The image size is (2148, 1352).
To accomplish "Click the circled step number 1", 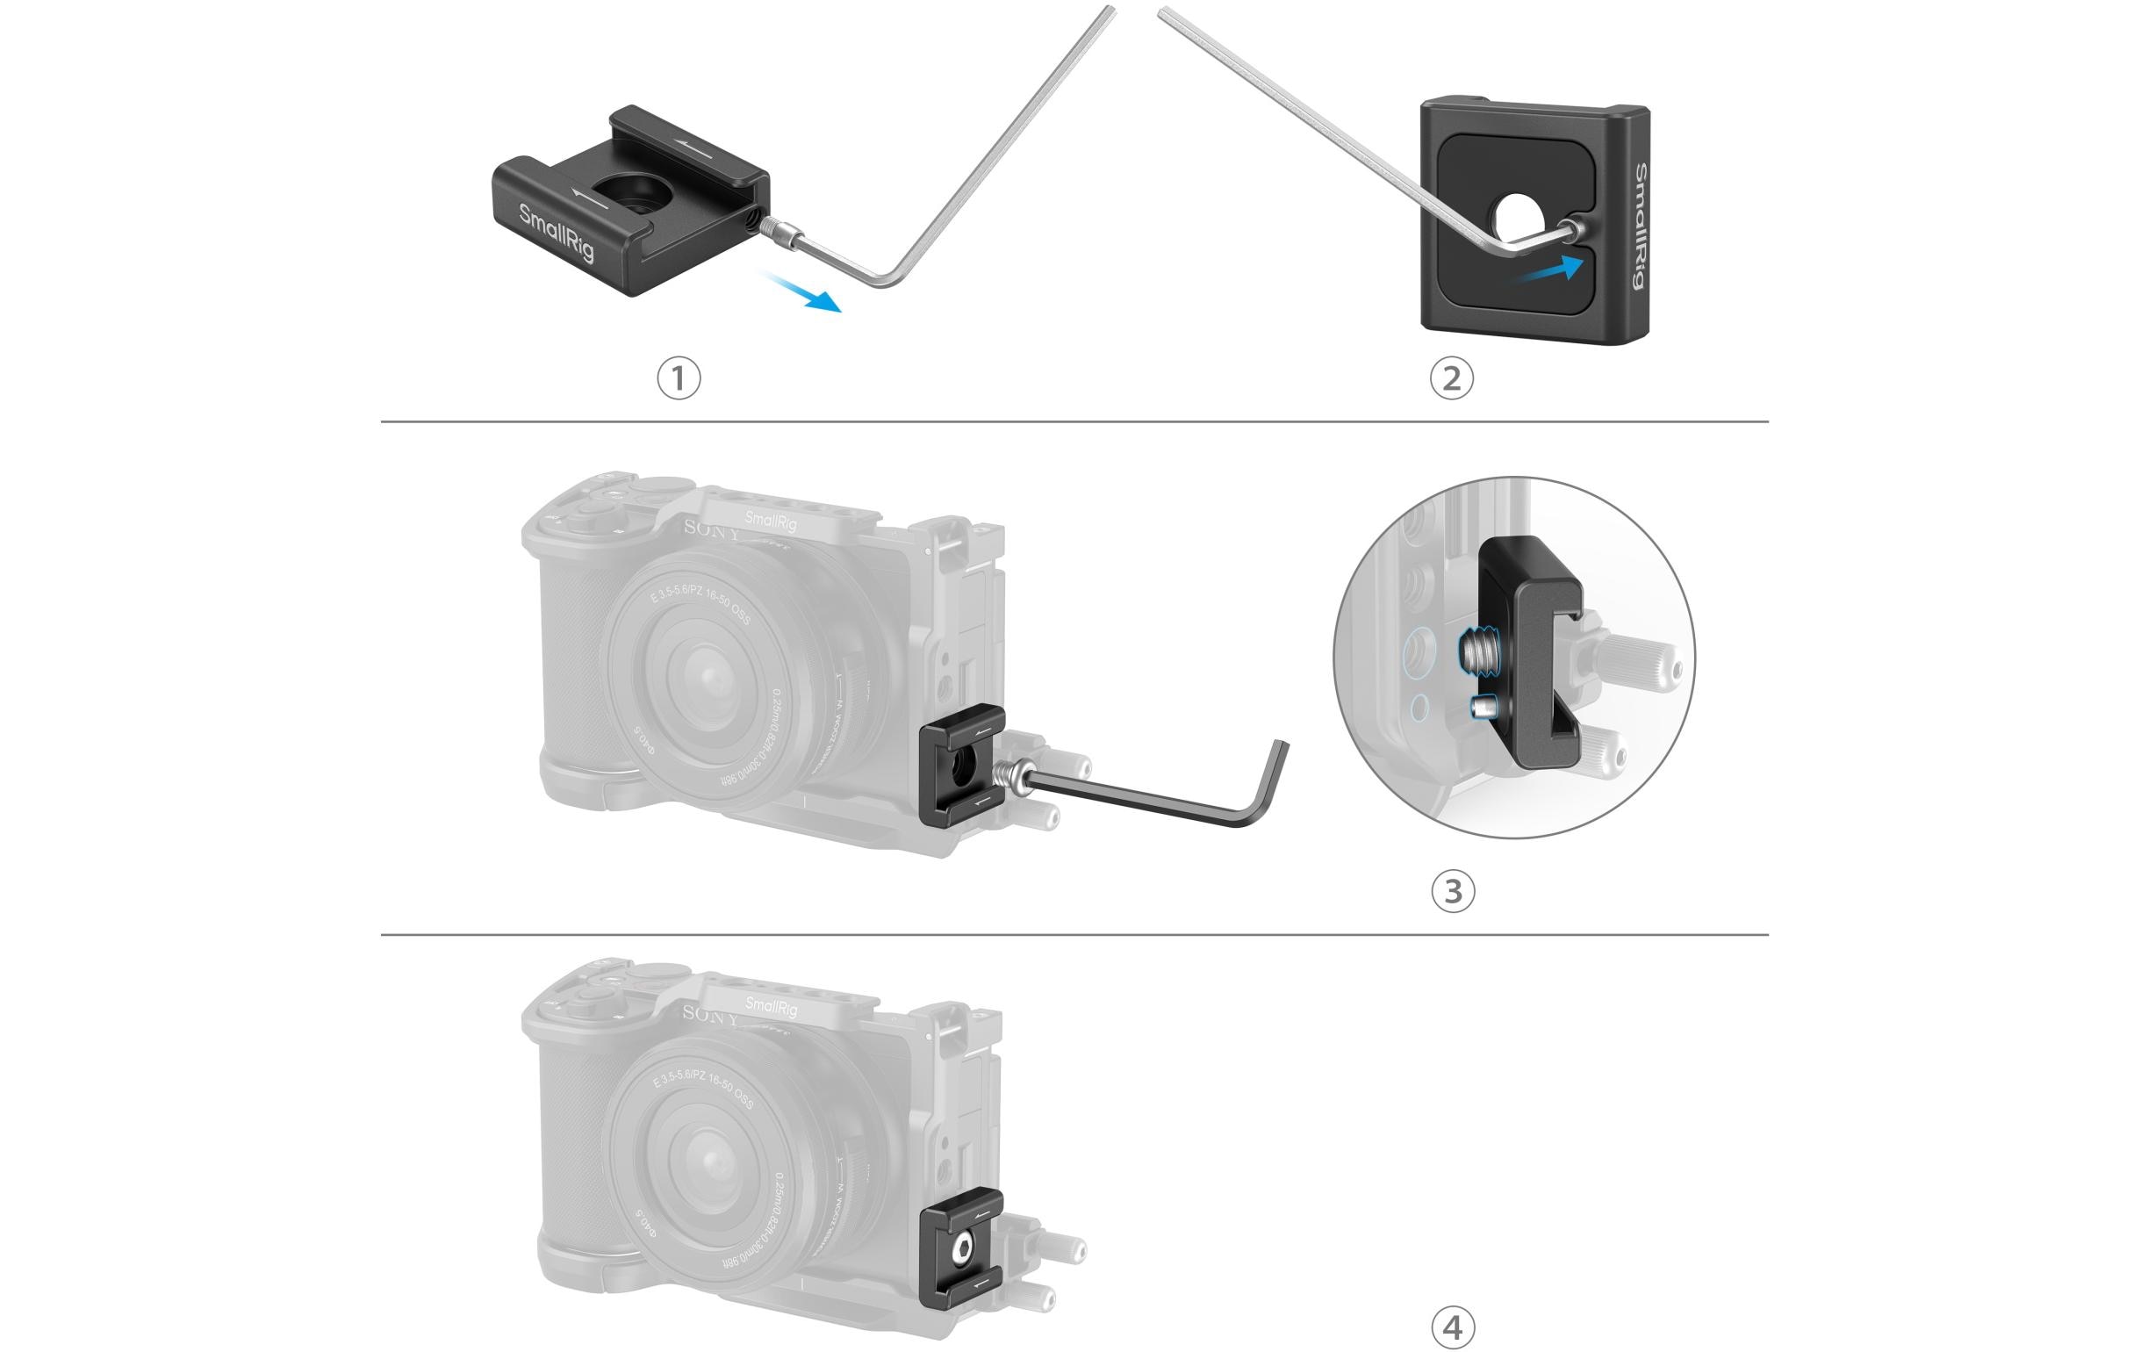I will (679, 378).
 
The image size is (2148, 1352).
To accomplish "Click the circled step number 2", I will (1451, 378).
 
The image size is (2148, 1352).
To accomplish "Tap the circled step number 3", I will (1452, 890).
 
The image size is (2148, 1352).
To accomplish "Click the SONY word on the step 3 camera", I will (711, 529).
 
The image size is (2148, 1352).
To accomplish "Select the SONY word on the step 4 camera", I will (711, 1015).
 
